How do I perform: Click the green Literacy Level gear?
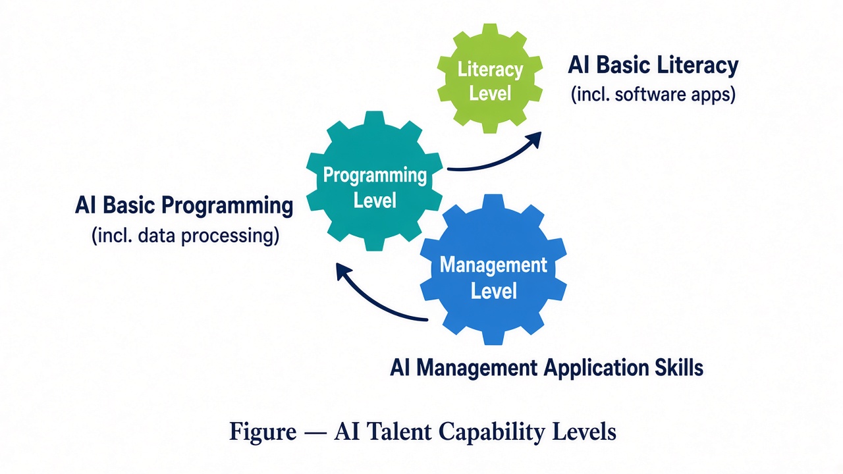tap(489, 78)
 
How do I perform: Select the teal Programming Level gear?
tap(375, 181)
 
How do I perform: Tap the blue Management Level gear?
tap(493, 269)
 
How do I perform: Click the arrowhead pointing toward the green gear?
tap(533, 139)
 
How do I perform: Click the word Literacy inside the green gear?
tap(490, 70)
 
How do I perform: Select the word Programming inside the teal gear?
tap(375, 176)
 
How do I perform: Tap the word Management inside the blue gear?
tap(493, 265)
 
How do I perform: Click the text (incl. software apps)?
tap(653, 94)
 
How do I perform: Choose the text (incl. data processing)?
tap(186, 236)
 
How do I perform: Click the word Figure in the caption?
tap(263, 432)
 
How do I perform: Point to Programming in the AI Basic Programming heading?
tap(227, 207)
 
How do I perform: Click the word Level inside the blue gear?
tap(494, 291)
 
